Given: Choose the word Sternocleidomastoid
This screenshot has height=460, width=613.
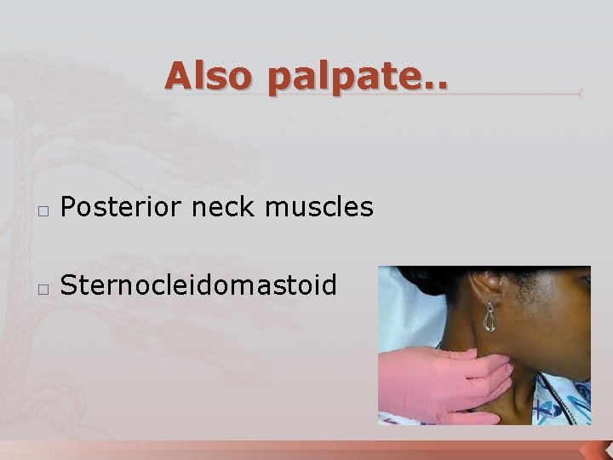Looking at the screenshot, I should pos(198,285).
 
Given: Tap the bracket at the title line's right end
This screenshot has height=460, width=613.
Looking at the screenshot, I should pos(580,94).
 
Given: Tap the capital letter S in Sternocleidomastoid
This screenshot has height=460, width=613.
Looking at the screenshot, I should pos(69,285).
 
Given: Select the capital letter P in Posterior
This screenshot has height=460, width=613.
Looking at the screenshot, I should pos(70,205).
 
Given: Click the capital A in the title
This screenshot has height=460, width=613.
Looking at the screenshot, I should pos(180,76).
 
